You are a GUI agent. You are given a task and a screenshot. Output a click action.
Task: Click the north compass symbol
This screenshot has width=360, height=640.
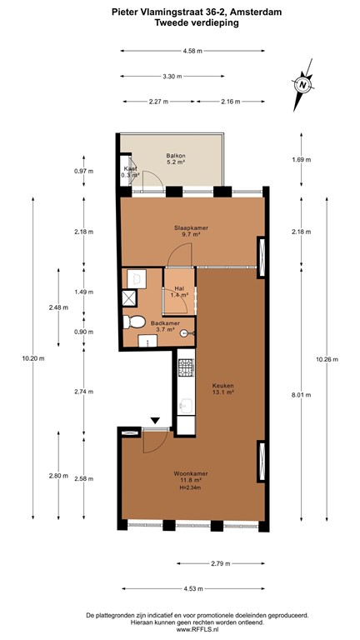click(x=302, y=84)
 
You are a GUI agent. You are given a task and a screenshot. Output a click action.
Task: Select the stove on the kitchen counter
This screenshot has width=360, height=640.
click(x=185, y=367)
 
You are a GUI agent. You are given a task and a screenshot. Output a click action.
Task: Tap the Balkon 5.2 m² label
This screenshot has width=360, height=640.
click(x=175, y=159)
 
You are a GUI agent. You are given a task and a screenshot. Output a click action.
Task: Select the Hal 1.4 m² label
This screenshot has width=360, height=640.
click(x=178, y=291)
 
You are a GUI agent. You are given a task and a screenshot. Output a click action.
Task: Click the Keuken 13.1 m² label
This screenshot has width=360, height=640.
click(x=222, y=389)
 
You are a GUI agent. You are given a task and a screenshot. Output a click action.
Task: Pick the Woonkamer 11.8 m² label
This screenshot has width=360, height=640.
click(x=191, y=477)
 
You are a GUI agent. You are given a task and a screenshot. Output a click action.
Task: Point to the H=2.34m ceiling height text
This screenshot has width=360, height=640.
click(x=192, y=487)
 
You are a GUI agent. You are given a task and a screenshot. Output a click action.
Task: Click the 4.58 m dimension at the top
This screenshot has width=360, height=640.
click(x=194, y=52)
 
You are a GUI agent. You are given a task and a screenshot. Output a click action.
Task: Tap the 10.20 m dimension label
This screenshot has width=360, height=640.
click(x=33, y=359)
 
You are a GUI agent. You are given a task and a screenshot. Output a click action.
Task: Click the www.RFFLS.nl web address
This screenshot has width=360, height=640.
click(x=197, y=629)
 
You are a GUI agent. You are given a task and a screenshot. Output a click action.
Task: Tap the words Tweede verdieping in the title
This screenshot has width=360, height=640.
click(x=197, y=24)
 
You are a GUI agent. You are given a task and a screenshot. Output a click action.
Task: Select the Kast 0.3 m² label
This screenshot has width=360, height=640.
click(x=130, y=172)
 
